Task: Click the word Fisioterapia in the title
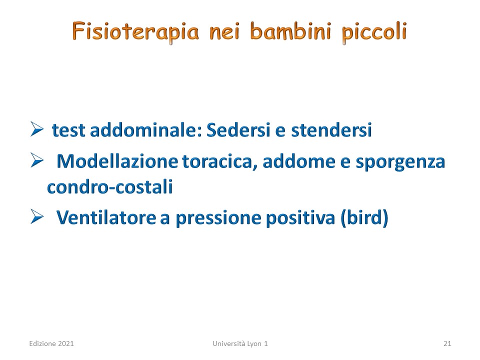pyautogui.click(x=135, y=32)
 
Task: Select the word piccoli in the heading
pyautogui.click(x=374, y=32)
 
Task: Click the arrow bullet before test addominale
pyautogui.click(x=37, y=128)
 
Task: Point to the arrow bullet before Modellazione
pyautogui.click(x=37, y=160)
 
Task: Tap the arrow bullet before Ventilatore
pyautogui.click(x=37, y=216)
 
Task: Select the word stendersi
pyautogui.click(x=331, y=129)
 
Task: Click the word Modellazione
pyautogui.click(x=117, y=161)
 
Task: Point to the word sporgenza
pyautogui.click(x=400, y=162)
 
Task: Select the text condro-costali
pyautogui.click(x=110, y=186)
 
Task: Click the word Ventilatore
pyautogui.click(x=106, y=217)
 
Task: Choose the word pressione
pyautogui.click(x=218, y=218)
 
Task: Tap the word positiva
pyautogui.click(x=300, y=218)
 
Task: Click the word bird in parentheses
pyautogui.click(x=364, y=217)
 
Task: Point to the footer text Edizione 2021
pyautogui.click(x=51, y=343)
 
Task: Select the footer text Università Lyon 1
pyautogui.click(x=240, y=343)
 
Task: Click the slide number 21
pyautogui.click(x=447, y=343)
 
